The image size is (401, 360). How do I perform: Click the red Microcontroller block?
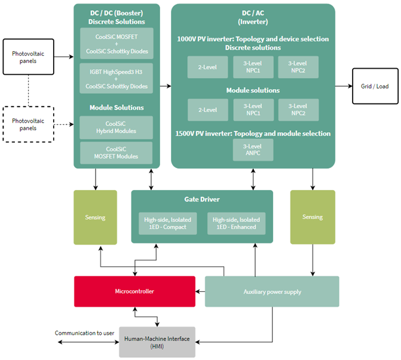[x=134, y=291]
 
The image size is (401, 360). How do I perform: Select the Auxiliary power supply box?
[x=272, y=291]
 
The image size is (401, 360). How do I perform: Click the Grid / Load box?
[x=374, y=86]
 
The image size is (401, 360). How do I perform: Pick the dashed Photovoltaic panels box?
[x=27, y=124]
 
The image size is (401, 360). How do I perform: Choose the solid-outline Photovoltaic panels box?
[x=27, y=57]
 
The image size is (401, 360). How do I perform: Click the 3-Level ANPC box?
[x=253, y=150]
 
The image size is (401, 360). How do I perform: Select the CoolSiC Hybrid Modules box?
[x=116, y=127]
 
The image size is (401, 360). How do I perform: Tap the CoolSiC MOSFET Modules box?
[x=116, y=152]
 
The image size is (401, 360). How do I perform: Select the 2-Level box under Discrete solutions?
[x=207, y=68]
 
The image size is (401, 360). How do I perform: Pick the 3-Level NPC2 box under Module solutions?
[x=298, y=109]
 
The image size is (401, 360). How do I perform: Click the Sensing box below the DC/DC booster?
[x=95, y=217]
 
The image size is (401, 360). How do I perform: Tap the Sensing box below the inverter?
[x=313, y=217]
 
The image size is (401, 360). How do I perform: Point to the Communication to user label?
[x=84, y=333]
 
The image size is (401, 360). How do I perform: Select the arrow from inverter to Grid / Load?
[x=344, y=86]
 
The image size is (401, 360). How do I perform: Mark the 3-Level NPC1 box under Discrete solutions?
[x=253, y=68]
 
